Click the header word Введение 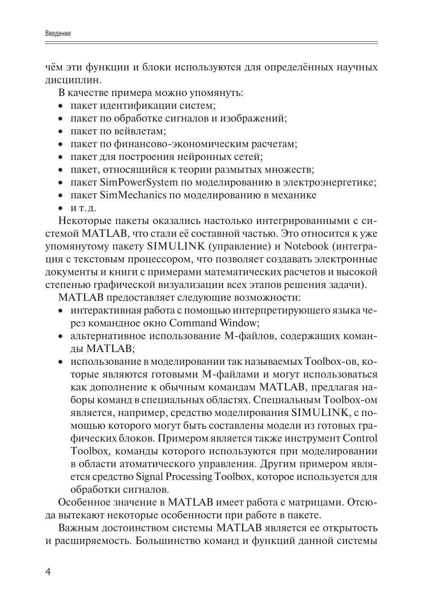58,33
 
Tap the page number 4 48,572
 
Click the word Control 360,438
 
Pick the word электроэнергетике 330,183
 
